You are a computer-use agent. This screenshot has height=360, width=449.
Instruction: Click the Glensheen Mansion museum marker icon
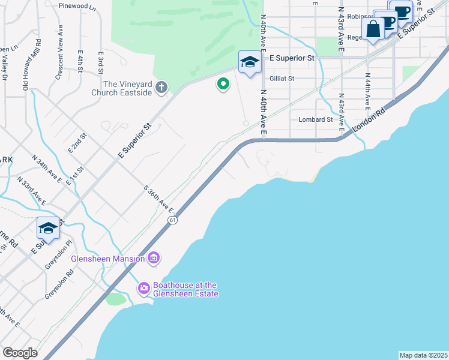tap(154, 259)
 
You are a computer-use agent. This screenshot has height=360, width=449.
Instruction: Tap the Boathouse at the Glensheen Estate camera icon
tap(143, 289)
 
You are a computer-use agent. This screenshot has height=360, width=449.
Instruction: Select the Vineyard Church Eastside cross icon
tap(161, 88)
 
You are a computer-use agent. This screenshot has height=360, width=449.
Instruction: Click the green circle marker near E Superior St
tap(223, 84)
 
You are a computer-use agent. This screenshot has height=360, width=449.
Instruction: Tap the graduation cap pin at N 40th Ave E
tap(250, 61)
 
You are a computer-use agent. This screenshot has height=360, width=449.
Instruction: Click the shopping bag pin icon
tap(373, 28)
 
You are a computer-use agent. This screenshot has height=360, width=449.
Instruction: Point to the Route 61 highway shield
tap(172, 220)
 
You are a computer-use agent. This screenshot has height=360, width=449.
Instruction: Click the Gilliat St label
tap(282, 78)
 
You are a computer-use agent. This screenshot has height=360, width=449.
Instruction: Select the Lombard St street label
tap(316, 119)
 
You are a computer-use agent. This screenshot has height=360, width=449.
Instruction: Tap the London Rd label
tap(367, 122)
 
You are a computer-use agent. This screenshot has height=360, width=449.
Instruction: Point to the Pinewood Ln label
tap(77, 7)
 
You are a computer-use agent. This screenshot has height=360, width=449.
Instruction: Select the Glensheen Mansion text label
tap(108, 259)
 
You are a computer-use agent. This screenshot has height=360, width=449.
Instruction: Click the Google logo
tap(20, 353)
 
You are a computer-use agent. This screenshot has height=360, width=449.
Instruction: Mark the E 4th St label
tap(80, 61)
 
